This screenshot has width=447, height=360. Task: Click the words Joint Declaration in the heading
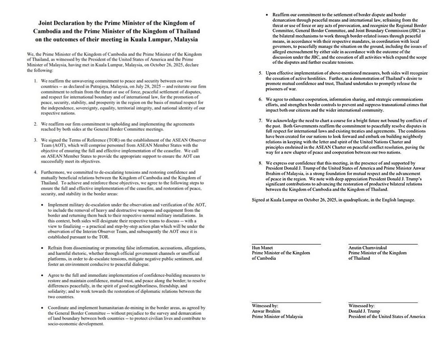(66, 22)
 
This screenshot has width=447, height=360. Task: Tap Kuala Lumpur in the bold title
(149, 39)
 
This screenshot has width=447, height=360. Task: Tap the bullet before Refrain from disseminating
(42, 248)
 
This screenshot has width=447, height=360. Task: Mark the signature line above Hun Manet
(286, 244)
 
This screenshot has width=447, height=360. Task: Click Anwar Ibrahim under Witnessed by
(268, 311)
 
